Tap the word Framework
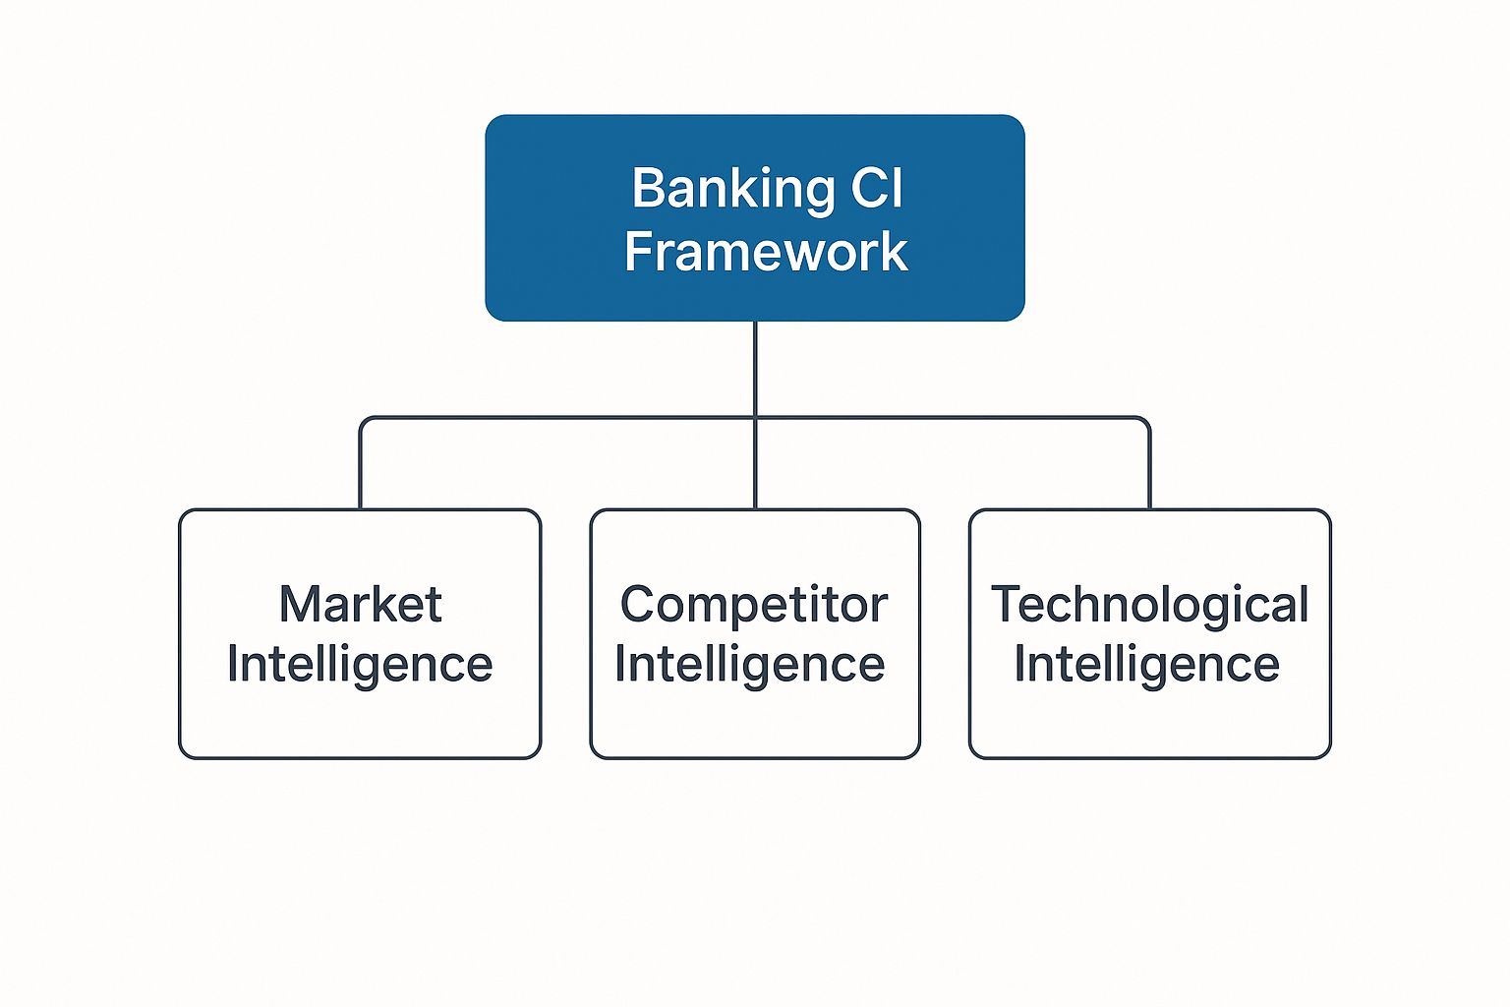click(x=766, y=252)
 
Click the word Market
click(x=360, y=604)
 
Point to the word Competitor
click(x=754, y=604)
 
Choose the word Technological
click(x=1149, y=604)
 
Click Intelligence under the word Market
click(x=360, y=665)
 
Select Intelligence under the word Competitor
click(x=750, y=665)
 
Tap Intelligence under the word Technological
click(x=1147, y=665)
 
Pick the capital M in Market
click(x=300, y=604)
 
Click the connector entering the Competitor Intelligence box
click(x=755, y=467)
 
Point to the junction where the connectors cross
click(x=755, y=418)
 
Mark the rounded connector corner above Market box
click(x=365, y=422)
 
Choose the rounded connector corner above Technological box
click(x=1145, y=422)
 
